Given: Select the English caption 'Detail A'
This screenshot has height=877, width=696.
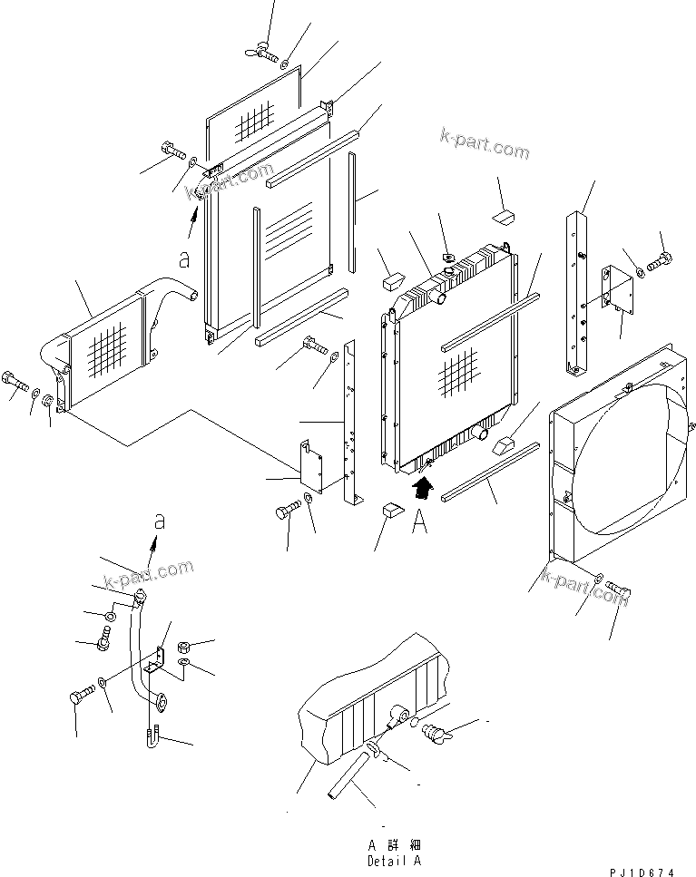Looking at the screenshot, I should coord(394,860).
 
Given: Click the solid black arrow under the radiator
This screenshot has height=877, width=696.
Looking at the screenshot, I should coord(419,492).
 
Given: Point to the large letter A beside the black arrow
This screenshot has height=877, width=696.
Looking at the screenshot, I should coord(418,523).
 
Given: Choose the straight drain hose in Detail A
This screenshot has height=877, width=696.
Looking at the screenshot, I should coord(348,778).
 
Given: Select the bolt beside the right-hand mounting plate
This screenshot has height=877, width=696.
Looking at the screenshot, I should coord(661,264).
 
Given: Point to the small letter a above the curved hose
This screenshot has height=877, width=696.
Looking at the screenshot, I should coord(160,522).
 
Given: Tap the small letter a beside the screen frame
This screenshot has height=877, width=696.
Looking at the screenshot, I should coord(185,260).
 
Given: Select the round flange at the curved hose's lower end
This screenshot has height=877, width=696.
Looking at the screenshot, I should coord(161,699).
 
